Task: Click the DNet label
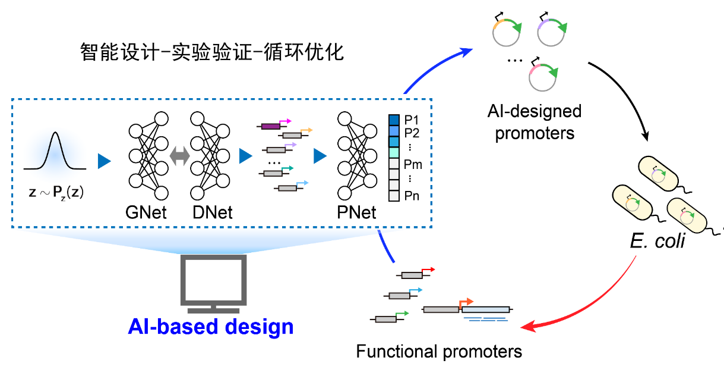pos(212,212)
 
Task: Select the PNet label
pos(356,212)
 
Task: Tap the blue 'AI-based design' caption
pos(211,327)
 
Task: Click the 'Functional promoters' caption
pos(439,352)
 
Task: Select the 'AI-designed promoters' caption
pos(535,121)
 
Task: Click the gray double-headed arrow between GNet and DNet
pos(179,156)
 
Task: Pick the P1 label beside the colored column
pos(412,120)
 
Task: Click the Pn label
pos(412,195)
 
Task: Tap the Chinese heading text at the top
pos(212,52)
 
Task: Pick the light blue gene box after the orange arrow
pos(485,309)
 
